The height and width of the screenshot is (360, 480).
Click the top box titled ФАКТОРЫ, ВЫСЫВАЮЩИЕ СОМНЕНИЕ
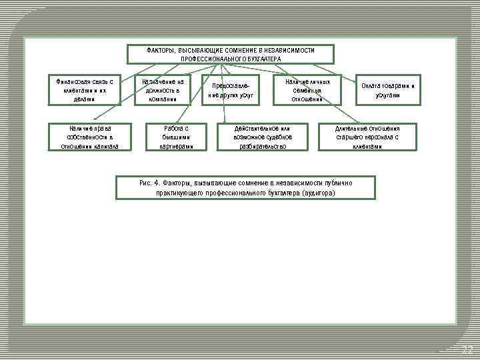[230, 54]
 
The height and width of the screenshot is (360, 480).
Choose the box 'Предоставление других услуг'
[231, 90]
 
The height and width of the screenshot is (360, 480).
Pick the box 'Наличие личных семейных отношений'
[307, 90]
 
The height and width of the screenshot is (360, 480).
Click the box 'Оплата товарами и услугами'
[387, 90]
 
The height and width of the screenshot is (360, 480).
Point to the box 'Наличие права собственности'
[89, 137]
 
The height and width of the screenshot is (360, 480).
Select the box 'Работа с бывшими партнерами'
[176, 137]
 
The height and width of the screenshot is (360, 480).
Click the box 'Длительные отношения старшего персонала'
[367, 137]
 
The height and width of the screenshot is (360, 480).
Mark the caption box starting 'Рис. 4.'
[245, 187]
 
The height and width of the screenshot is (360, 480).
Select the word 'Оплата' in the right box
[371, 86]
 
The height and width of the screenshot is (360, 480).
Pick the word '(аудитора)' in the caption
[319, 193]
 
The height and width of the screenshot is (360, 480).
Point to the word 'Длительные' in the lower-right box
[349, 128]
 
